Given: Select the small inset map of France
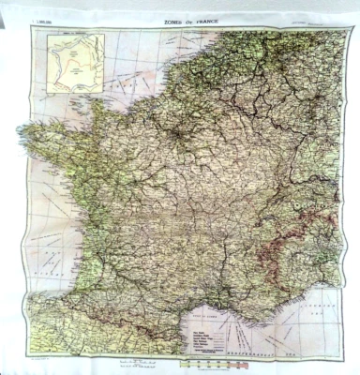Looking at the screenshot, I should tap(75, 61).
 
